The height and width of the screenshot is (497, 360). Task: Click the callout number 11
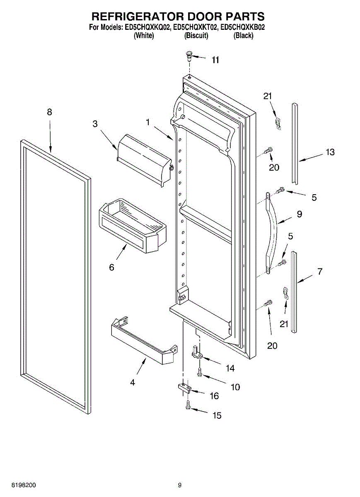tap(215, 60)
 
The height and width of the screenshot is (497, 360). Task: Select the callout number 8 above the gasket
tap(49, 112)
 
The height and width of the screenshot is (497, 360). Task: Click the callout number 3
tap(95, 124)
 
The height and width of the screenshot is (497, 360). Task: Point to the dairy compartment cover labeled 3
tap(145, 160)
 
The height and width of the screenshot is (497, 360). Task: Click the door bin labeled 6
tap(133, 226)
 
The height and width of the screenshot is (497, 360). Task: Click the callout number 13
tap(330, 152)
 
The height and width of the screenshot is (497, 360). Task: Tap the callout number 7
tap(320, 271)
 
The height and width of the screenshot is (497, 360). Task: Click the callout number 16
tap(214, 396)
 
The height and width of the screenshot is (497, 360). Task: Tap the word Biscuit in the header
tap(196, 36)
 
